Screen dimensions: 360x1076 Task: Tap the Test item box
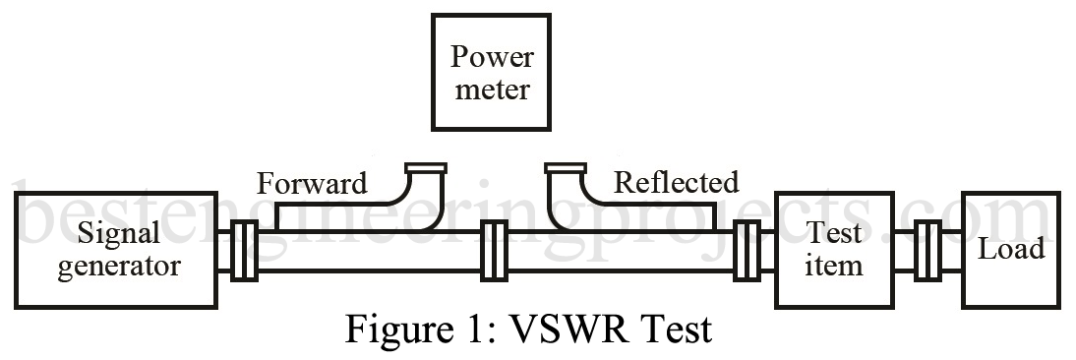[832, 250]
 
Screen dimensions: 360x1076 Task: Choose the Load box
[1010, 250]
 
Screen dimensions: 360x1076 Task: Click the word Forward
[312, 183]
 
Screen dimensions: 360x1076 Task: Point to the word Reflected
[676, 183]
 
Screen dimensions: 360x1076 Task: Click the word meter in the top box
[490, 90]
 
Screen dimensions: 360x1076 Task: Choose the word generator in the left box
[119, 267]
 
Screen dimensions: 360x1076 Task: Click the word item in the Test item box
[832, 266]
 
